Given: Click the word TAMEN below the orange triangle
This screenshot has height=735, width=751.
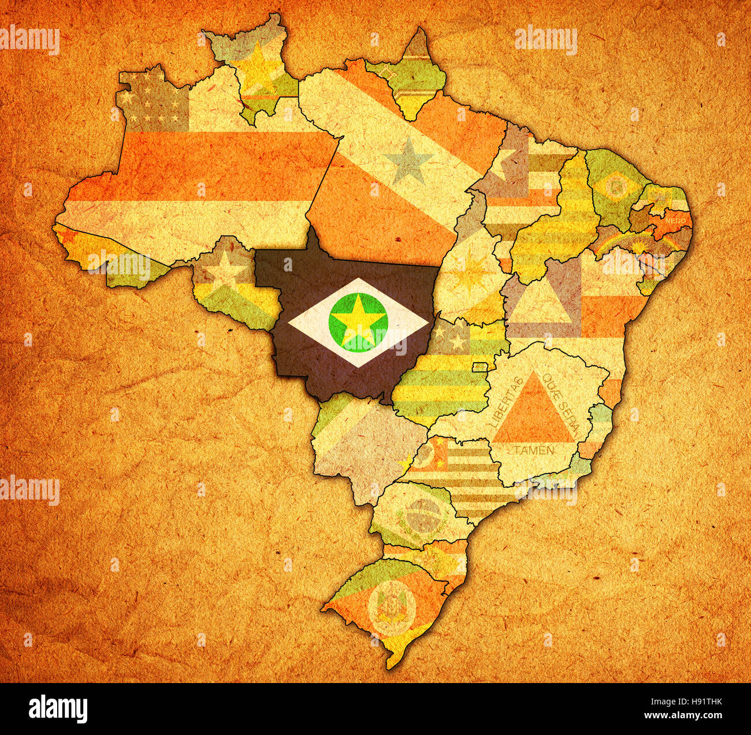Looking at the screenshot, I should coord(534,450).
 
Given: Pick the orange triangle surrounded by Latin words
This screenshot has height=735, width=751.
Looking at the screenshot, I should coord(533,411).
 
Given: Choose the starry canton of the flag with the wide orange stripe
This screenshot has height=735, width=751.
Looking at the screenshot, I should coord(153,102).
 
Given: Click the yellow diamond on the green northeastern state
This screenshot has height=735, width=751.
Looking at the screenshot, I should coord(616,186).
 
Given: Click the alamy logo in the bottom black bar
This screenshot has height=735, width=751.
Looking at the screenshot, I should coord(58,708).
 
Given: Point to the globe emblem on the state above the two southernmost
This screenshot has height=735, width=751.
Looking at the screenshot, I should coord(423,515).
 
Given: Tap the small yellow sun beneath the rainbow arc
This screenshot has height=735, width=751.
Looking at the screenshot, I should coord(638,248).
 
